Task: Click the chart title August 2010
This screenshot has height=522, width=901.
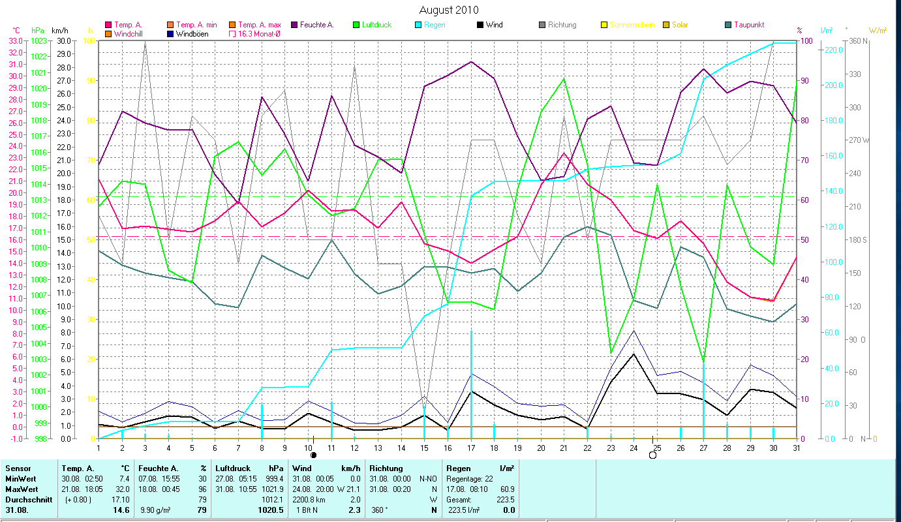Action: click(448, 10)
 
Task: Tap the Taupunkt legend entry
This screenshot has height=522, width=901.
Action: click(749, 25)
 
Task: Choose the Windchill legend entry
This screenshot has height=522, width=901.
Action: click(132, 33)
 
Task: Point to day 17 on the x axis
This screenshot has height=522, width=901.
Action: click(471, 446)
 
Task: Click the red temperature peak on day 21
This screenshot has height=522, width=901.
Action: click(564, 153)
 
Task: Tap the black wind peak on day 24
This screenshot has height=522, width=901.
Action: click(634, 354)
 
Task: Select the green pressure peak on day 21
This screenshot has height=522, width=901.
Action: click(564, 79)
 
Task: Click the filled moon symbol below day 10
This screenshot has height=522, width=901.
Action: click(313, 455)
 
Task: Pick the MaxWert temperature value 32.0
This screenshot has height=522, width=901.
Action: click(121, 489)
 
